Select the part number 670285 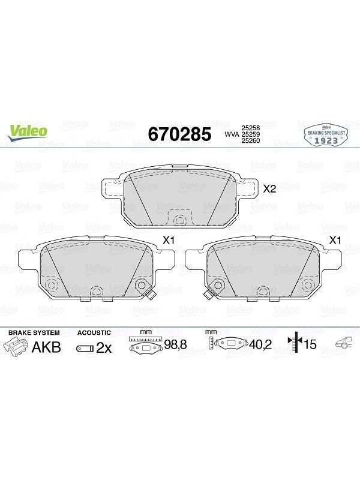point(179,134)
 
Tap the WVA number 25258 point(251,128)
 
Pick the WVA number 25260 point(251,140)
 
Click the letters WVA point(232,134)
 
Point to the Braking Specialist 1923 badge point(326,134)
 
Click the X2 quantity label point(269,189)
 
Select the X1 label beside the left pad point(169,241)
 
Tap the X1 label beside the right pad point(335,241)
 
